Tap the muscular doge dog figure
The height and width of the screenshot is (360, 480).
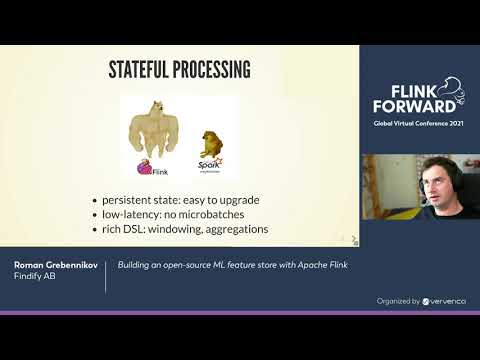pos(155,131)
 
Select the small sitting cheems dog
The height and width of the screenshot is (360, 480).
pos(211,142)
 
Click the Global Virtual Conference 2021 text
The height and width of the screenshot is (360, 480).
pos(418,124)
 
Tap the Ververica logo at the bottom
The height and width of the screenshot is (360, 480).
pos(445,300)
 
